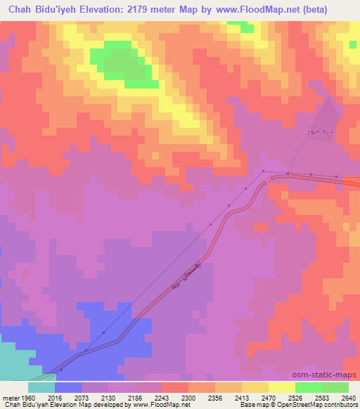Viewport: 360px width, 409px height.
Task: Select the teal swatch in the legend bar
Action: [41, 387]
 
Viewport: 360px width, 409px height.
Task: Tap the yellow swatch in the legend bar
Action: [282, 387]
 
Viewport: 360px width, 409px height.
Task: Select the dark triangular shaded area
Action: [325, 119]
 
